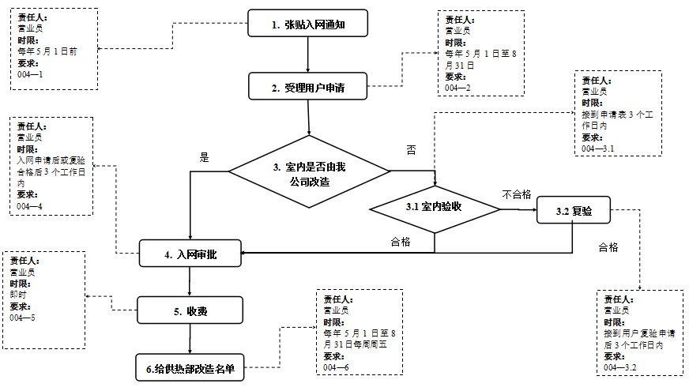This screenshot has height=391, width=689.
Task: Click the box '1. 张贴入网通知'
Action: click(307, 24)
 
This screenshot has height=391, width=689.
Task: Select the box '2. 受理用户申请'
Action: click(307, 86)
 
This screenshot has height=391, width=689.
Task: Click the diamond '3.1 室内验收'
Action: click(435, 208)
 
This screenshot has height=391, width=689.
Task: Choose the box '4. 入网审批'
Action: click(190, 254)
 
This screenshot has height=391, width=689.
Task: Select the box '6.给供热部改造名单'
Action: click(190, 367)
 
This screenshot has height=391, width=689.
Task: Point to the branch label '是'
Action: click(204, 158)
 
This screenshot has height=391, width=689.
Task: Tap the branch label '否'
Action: click(410, 149)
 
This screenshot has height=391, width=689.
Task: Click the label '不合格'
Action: click(516, 194)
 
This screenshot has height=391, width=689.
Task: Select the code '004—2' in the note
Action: click(457, 88)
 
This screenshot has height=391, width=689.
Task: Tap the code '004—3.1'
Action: click(598, 149)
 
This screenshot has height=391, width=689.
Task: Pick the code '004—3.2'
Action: click(619, 367)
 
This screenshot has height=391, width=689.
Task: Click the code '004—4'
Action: click(29, 206)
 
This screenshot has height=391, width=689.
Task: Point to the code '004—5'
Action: click(23, 318)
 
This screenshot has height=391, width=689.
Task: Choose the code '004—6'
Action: click(336, 367)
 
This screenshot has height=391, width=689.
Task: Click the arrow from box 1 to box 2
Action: click(307, 55)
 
